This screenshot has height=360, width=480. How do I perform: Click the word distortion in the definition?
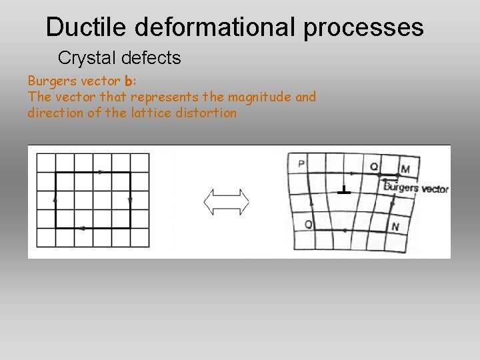pos(206,113)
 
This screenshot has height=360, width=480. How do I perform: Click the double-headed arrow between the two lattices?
pos(226,201)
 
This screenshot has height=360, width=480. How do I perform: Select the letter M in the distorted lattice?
pos(405,169)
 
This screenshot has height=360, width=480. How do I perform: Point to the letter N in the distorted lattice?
pos(395,227)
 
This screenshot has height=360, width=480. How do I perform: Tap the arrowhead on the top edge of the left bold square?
pos(101,172)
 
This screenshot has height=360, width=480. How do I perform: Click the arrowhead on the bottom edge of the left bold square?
pos(81,228)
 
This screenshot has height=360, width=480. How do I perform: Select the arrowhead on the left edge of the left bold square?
pos(55,199)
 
